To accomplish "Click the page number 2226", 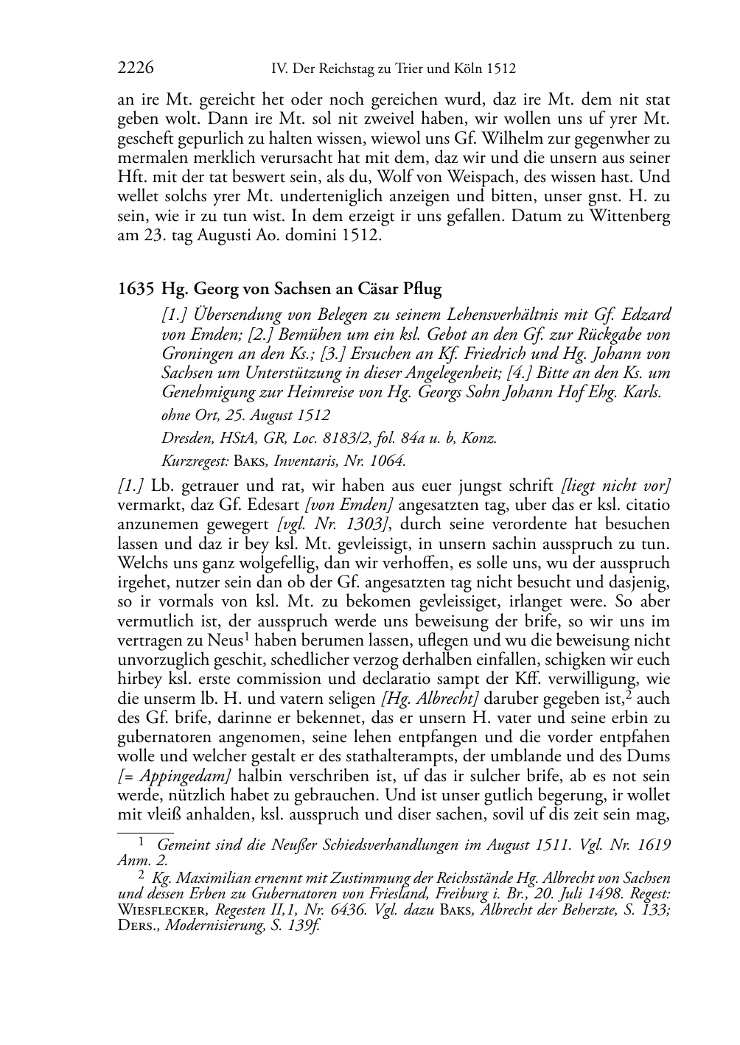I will point(136,69).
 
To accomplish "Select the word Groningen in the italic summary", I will point(195,353).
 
